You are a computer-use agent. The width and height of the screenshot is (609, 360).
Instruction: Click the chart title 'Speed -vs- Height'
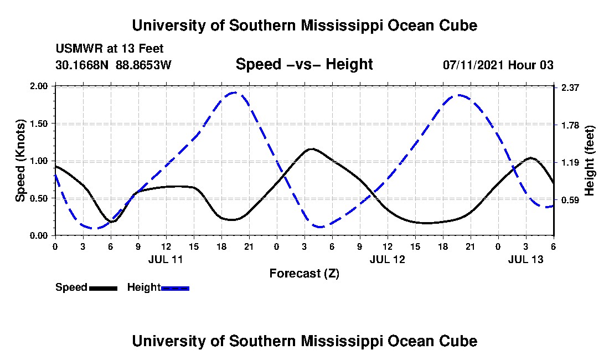304,64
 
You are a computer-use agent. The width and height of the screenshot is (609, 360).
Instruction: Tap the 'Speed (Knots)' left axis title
20,161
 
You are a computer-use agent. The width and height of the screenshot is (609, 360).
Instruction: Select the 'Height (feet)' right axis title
590,161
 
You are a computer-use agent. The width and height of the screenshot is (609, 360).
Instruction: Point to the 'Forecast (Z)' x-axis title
304,273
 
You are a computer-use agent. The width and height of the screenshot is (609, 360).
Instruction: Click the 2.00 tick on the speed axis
40,86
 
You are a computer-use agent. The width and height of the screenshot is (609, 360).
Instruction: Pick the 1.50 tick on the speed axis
40,124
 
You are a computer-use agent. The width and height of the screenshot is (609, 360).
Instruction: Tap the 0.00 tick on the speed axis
40,235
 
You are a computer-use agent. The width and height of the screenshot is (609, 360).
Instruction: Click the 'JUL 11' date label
166,259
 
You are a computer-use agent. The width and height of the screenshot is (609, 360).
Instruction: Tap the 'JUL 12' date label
387,259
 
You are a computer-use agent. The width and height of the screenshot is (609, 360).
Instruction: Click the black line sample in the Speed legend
103,288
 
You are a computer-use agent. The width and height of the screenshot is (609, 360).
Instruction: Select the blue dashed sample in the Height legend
175,288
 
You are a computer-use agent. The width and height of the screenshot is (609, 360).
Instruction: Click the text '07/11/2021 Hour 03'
498,65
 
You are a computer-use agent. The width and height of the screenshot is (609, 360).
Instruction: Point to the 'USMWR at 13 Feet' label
109,49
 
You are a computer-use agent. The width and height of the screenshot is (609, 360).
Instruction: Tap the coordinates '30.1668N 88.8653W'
113,65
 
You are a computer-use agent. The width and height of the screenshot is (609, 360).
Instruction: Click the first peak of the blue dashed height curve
234,92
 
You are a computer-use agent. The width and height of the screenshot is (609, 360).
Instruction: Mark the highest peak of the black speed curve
312,148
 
